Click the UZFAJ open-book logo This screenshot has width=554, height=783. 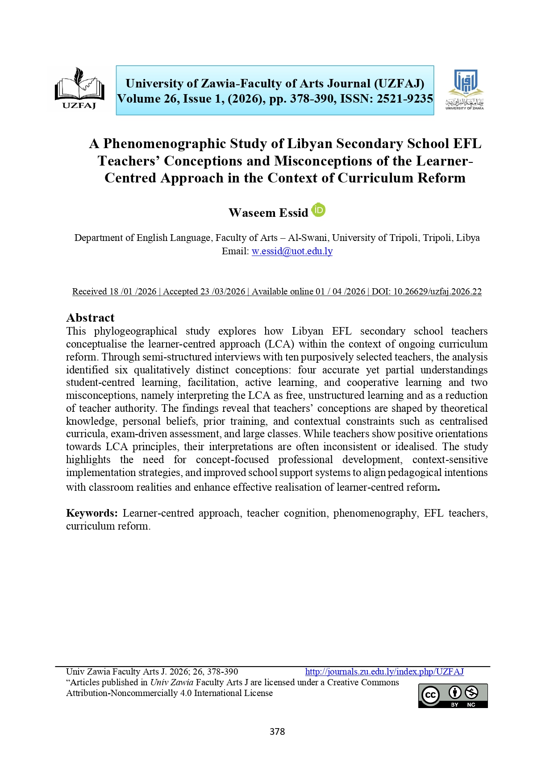(x=79, y=88)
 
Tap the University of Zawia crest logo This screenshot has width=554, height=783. (x=465, y=89)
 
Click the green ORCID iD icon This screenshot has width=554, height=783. (x=318, y=210)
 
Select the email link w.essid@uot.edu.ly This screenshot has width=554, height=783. (x=292, y=251)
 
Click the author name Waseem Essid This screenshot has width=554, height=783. (x=268, y=213)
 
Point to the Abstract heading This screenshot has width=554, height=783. (x=90, y=318)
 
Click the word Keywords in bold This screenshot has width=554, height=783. (x=92, y=513)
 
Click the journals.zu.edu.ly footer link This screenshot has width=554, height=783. (x=384, y=671)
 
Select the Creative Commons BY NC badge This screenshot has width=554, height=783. (x=453, y=696)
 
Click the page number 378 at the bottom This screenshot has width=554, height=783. (x=277, y=731)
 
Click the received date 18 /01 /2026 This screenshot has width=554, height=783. (x=133, y=291)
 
